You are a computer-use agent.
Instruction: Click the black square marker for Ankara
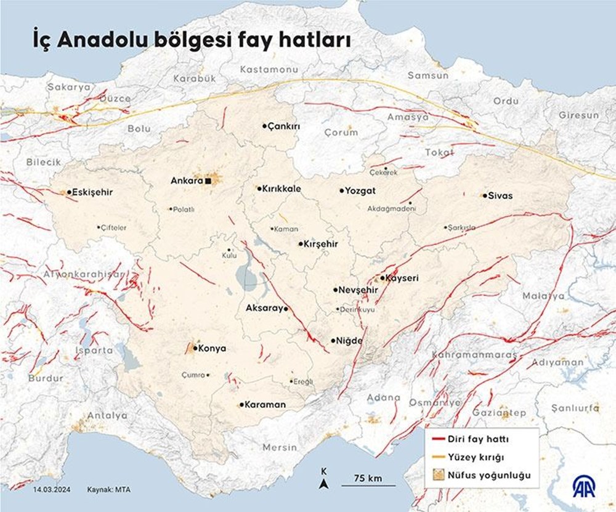pyautogui.click(x=209, y=181)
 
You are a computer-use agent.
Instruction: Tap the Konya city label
pyautogui.click(x=213, y=348)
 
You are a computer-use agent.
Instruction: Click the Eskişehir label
pyautogui.click(x=93, y=192)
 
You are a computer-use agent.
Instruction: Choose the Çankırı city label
pyautogui.click(x=283, y=126)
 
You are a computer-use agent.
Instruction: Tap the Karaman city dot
pyautogui.click(x=241, y=405)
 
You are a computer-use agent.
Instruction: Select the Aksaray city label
pyautogui.click(x=264, y=307)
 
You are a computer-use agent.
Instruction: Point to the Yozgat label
pyautogui.click(x=361, y=191)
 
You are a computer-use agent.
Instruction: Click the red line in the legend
pyautogui.click(x=438, y=439)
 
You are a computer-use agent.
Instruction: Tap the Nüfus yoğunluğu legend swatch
pyautogui.click(x=438, y=475)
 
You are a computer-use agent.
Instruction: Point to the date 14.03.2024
pyautogui.click(x=51, y=490)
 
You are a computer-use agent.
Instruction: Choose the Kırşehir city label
pyautogui.click(x=321, y=244)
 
